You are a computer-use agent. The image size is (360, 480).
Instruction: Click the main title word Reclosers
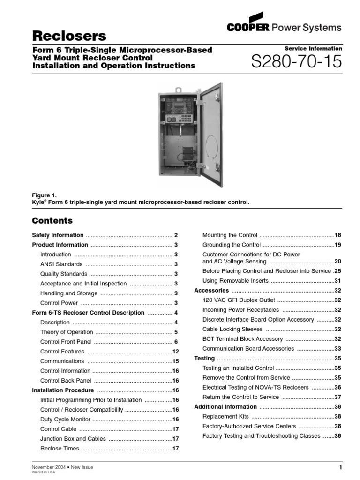69,36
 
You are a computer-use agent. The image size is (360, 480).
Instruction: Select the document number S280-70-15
297,62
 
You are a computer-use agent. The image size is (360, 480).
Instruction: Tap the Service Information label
313,49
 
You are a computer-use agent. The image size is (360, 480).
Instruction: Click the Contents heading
52,220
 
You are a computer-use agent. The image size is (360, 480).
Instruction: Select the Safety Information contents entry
58,235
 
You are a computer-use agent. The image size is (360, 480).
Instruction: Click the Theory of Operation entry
67,332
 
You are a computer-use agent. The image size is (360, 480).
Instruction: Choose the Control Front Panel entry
66,342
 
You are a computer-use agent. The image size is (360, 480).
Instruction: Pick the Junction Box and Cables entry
73,439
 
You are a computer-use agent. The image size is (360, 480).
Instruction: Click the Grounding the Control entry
231,245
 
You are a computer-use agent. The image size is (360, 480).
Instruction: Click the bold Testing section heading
204,358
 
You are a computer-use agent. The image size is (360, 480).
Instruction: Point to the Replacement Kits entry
225,416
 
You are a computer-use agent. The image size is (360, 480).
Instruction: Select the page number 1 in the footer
341,467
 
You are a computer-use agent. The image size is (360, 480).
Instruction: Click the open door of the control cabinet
211,134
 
